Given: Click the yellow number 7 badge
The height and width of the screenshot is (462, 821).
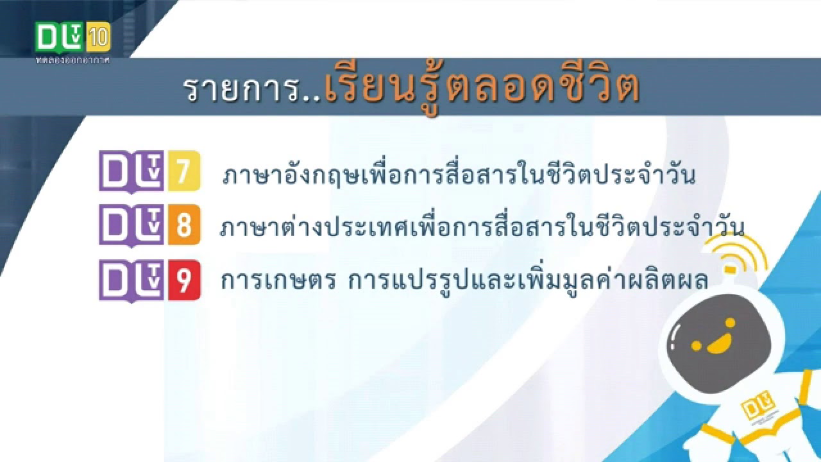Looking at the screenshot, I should (x=183, y=171).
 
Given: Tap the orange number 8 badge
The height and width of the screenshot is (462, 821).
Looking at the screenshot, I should (x=183, y=225).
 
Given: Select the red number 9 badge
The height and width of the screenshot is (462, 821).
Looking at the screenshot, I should (x=183, y=280).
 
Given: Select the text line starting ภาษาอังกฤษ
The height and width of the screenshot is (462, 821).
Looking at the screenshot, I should (x=459, y=175).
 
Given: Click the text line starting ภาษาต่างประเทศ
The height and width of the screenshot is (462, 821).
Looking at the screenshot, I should (x=481, y=228).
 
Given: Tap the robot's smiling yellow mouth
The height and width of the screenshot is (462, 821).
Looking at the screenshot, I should (x=717, y=345).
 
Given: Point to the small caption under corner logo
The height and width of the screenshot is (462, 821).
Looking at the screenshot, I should (x=72, y=60).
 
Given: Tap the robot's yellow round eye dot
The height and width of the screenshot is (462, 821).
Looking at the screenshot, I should (x=697, y=346).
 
